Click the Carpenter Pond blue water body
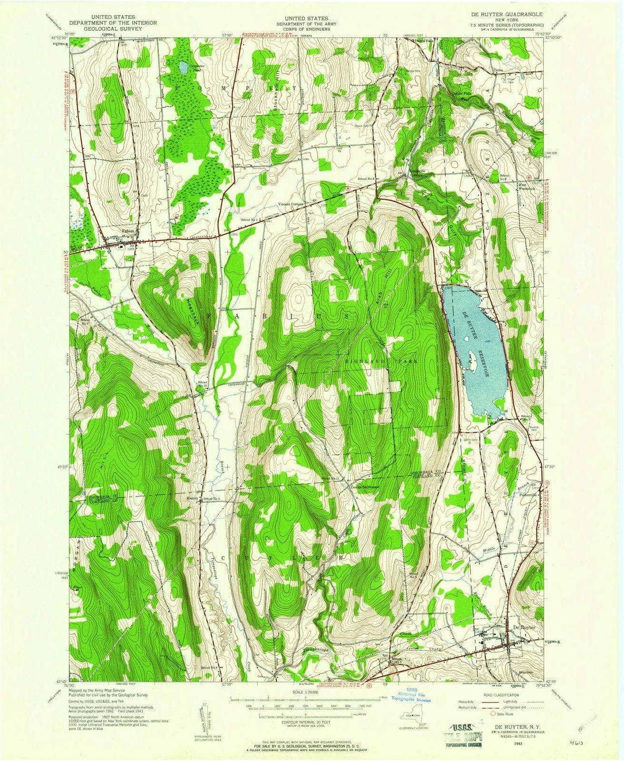(183, 68)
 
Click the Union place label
(498, 70)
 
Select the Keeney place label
(192, 499)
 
